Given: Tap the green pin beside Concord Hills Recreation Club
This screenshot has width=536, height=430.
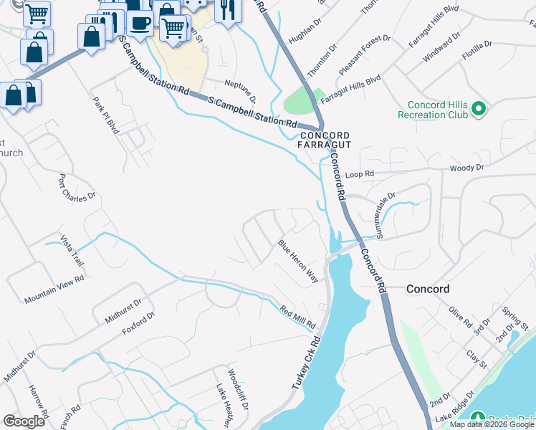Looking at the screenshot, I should (x=479, y=110).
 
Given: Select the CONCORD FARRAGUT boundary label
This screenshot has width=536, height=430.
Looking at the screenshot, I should (x=325, y=140).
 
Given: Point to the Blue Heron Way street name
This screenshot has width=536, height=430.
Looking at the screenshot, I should (x=298, y=261).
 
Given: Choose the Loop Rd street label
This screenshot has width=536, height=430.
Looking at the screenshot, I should (x=360, y=174).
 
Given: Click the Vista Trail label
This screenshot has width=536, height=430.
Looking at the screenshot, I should (x=72, y=250).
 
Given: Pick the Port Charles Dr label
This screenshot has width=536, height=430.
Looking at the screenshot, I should (x=77, y=187).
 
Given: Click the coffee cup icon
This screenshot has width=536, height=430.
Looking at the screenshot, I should (x=140, y=23).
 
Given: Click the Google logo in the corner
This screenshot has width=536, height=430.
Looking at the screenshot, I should (x=24, y=421).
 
